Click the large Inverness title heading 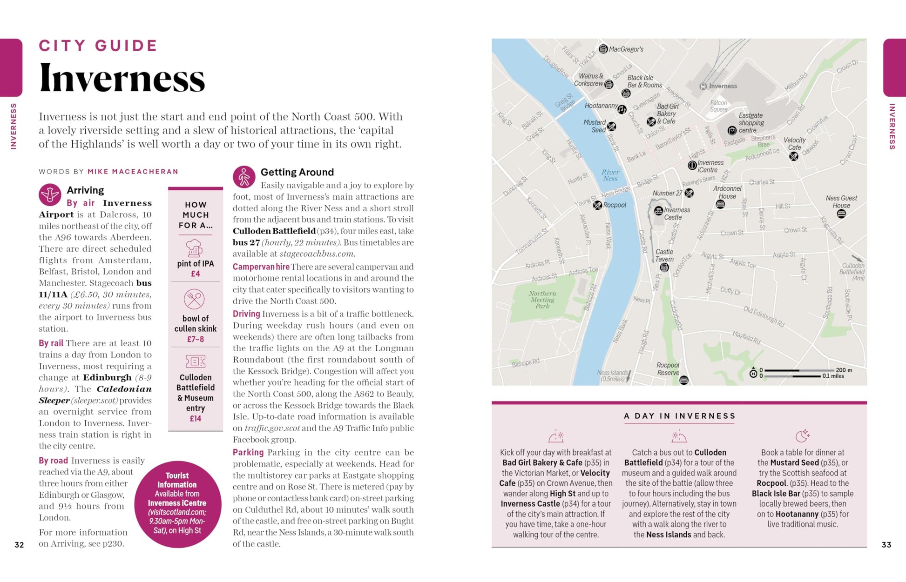(122, 78)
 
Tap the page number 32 (19, 544)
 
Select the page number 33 (886, 544)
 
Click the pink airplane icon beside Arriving (50, 194)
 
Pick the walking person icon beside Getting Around (244, 177)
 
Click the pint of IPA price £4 (196, 274)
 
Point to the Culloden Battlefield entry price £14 (196, 419)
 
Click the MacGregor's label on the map (626, 49)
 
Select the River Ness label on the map (610, 175)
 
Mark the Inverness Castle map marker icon (658, 211)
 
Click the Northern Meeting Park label (542, 300)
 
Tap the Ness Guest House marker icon (841, 214)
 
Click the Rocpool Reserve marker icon (683, 380)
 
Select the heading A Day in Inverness (679, 416)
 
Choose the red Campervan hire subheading (261, 267)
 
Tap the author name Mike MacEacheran (133, 172)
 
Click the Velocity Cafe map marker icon (794, 156)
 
